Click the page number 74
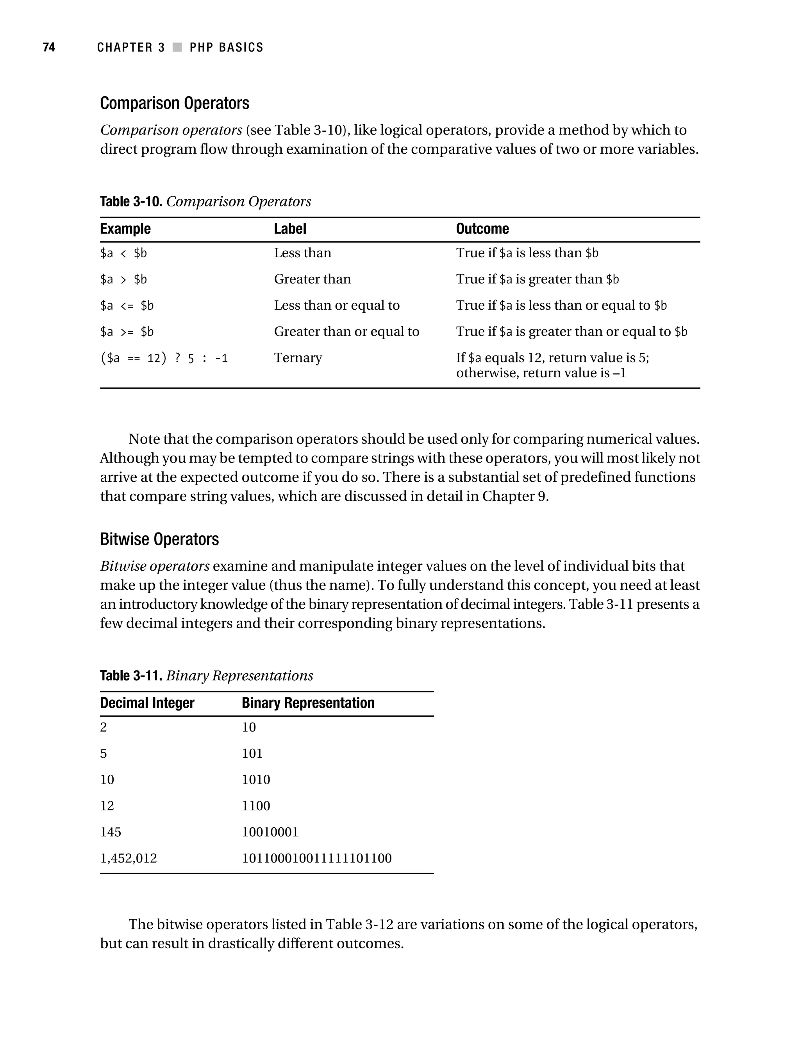[x=49, y=47]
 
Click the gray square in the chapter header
[x=177, y=47]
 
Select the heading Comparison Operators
[x=175, y=103]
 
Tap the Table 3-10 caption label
[x=131, y=201]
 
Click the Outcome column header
[x=482, y=229]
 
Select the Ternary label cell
[x=298, y=358]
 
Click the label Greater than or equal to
[x=346, y=332]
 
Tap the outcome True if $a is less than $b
[x=527, y=253]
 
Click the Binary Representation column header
[x=308, y=703]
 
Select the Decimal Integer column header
[x=147, y=703]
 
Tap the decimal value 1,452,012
[x=128, y=858]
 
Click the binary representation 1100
[x=256, y=805]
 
